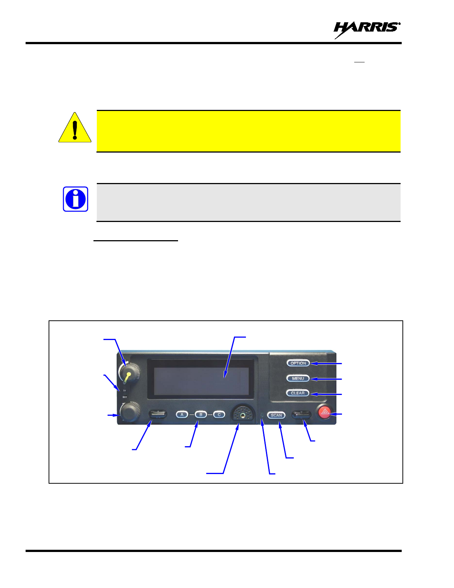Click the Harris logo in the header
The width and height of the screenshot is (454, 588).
367,29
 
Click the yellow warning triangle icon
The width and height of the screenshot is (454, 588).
75,128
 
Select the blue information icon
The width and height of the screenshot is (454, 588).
75,199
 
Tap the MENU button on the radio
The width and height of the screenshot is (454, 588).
298,378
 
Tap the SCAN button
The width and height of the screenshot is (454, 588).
276,415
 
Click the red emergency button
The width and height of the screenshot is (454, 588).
325,412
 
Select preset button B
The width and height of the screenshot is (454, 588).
201,414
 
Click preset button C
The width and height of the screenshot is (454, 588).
219,414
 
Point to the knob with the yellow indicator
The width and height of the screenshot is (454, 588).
129,372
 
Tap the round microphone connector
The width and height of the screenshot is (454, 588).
243,413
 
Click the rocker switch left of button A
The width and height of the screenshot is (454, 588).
158,414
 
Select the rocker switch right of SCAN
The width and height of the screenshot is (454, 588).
301,414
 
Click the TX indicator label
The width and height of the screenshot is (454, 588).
125,391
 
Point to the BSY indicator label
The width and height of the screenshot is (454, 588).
125,397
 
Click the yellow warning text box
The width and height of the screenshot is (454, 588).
248,131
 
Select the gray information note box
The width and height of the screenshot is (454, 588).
248,202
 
